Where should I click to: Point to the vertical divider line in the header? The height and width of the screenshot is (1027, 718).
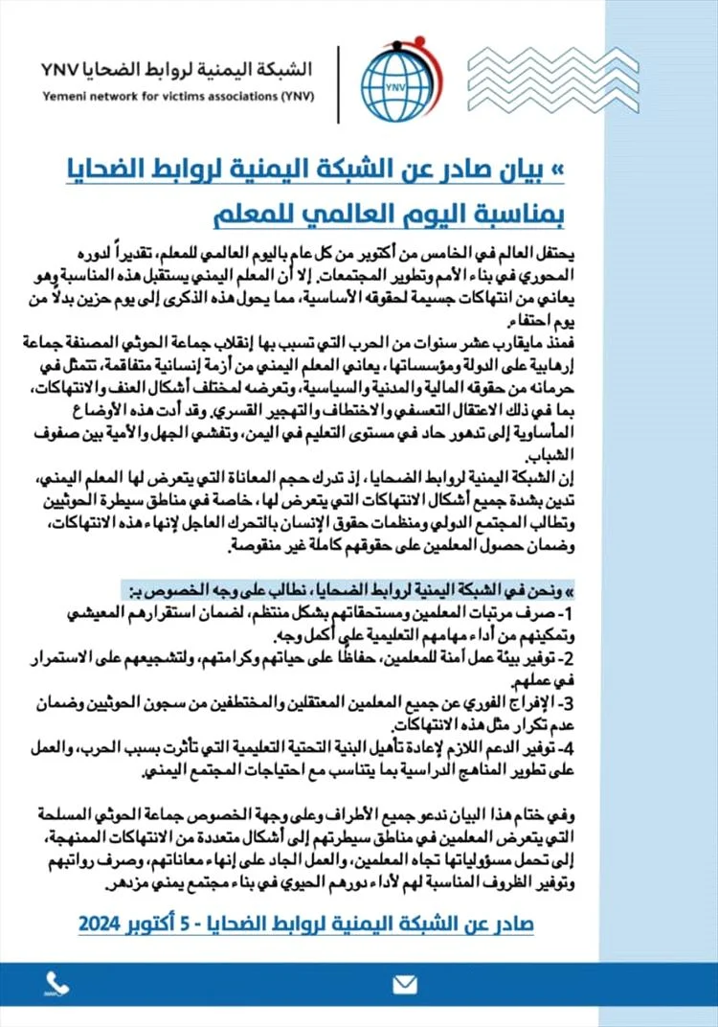[x=338, y=83]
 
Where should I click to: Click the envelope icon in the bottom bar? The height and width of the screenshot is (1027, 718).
[x=405, y=984]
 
